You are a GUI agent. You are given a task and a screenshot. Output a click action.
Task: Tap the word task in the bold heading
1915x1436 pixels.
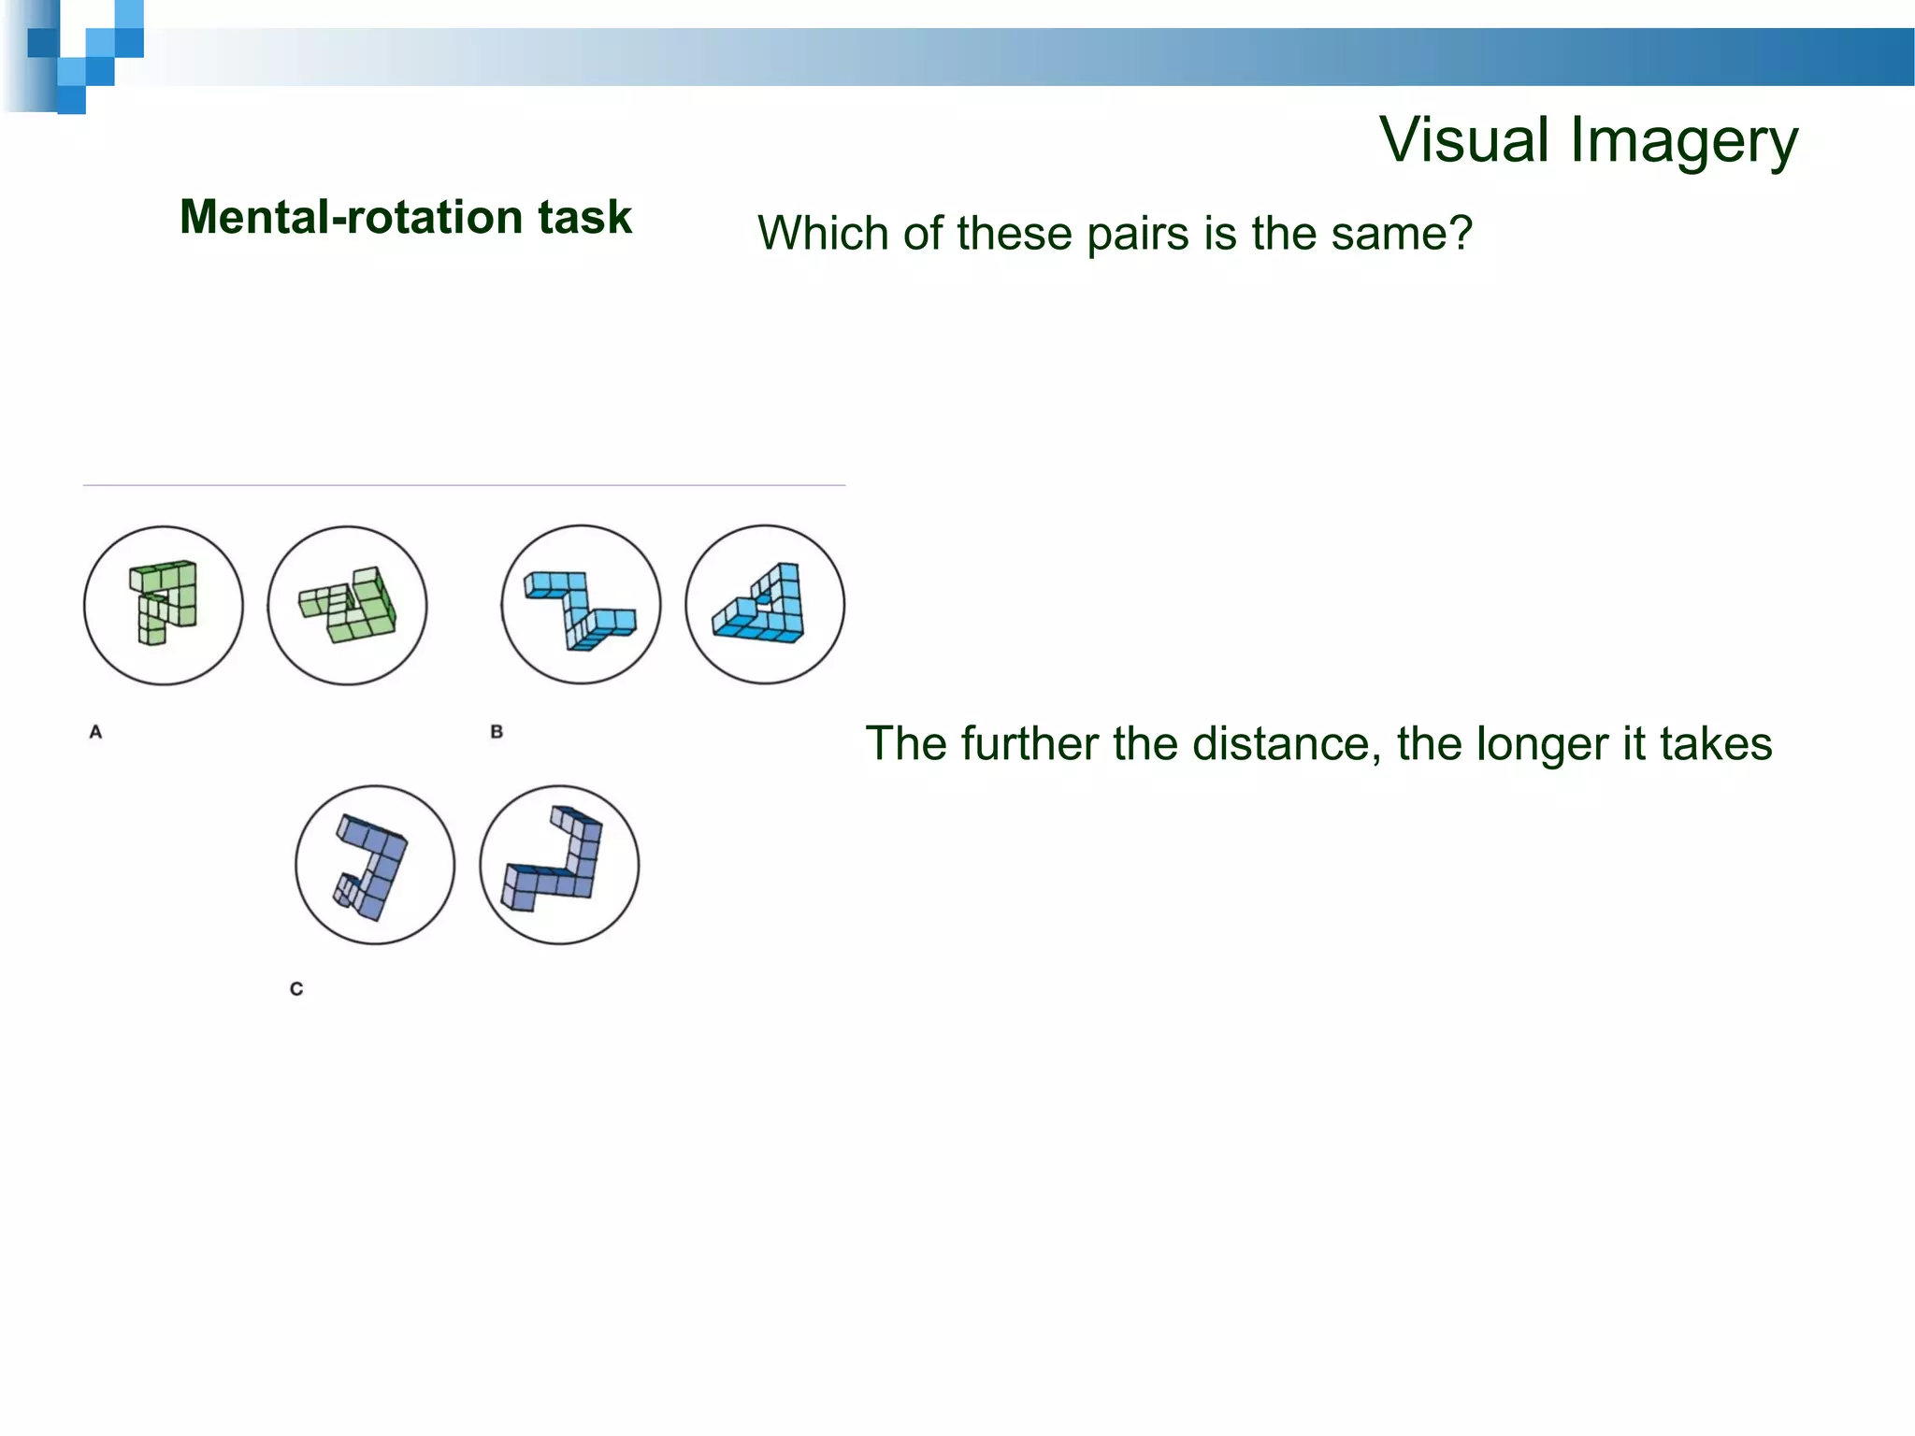click(x=584, y=218)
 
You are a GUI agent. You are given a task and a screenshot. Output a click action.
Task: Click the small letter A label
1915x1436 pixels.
click(x=95, y=732)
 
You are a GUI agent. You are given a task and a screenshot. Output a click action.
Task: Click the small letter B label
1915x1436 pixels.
click(x=497, y=732)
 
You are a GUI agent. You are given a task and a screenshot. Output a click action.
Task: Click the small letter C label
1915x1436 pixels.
click(x=296, y=989)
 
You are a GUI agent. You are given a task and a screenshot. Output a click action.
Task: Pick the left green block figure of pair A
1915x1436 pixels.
click(x=165, y=602)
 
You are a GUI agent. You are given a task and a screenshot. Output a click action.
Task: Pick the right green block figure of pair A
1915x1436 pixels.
click(x=348, y=605)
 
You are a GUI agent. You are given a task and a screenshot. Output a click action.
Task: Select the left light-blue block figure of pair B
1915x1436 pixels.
click(x=580, y=609)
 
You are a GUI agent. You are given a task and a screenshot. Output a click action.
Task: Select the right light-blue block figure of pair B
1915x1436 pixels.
click(x=765, y=606)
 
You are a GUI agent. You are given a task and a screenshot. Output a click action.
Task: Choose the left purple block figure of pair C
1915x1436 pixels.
click(x=373, y=866)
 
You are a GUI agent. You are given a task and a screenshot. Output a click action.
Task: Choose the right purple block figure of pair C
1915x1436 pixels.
click(x=556, y=860)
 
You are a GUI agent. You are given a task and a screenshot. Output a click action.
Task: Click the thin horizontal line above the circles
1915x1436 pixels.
click(x=464, y=485)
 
